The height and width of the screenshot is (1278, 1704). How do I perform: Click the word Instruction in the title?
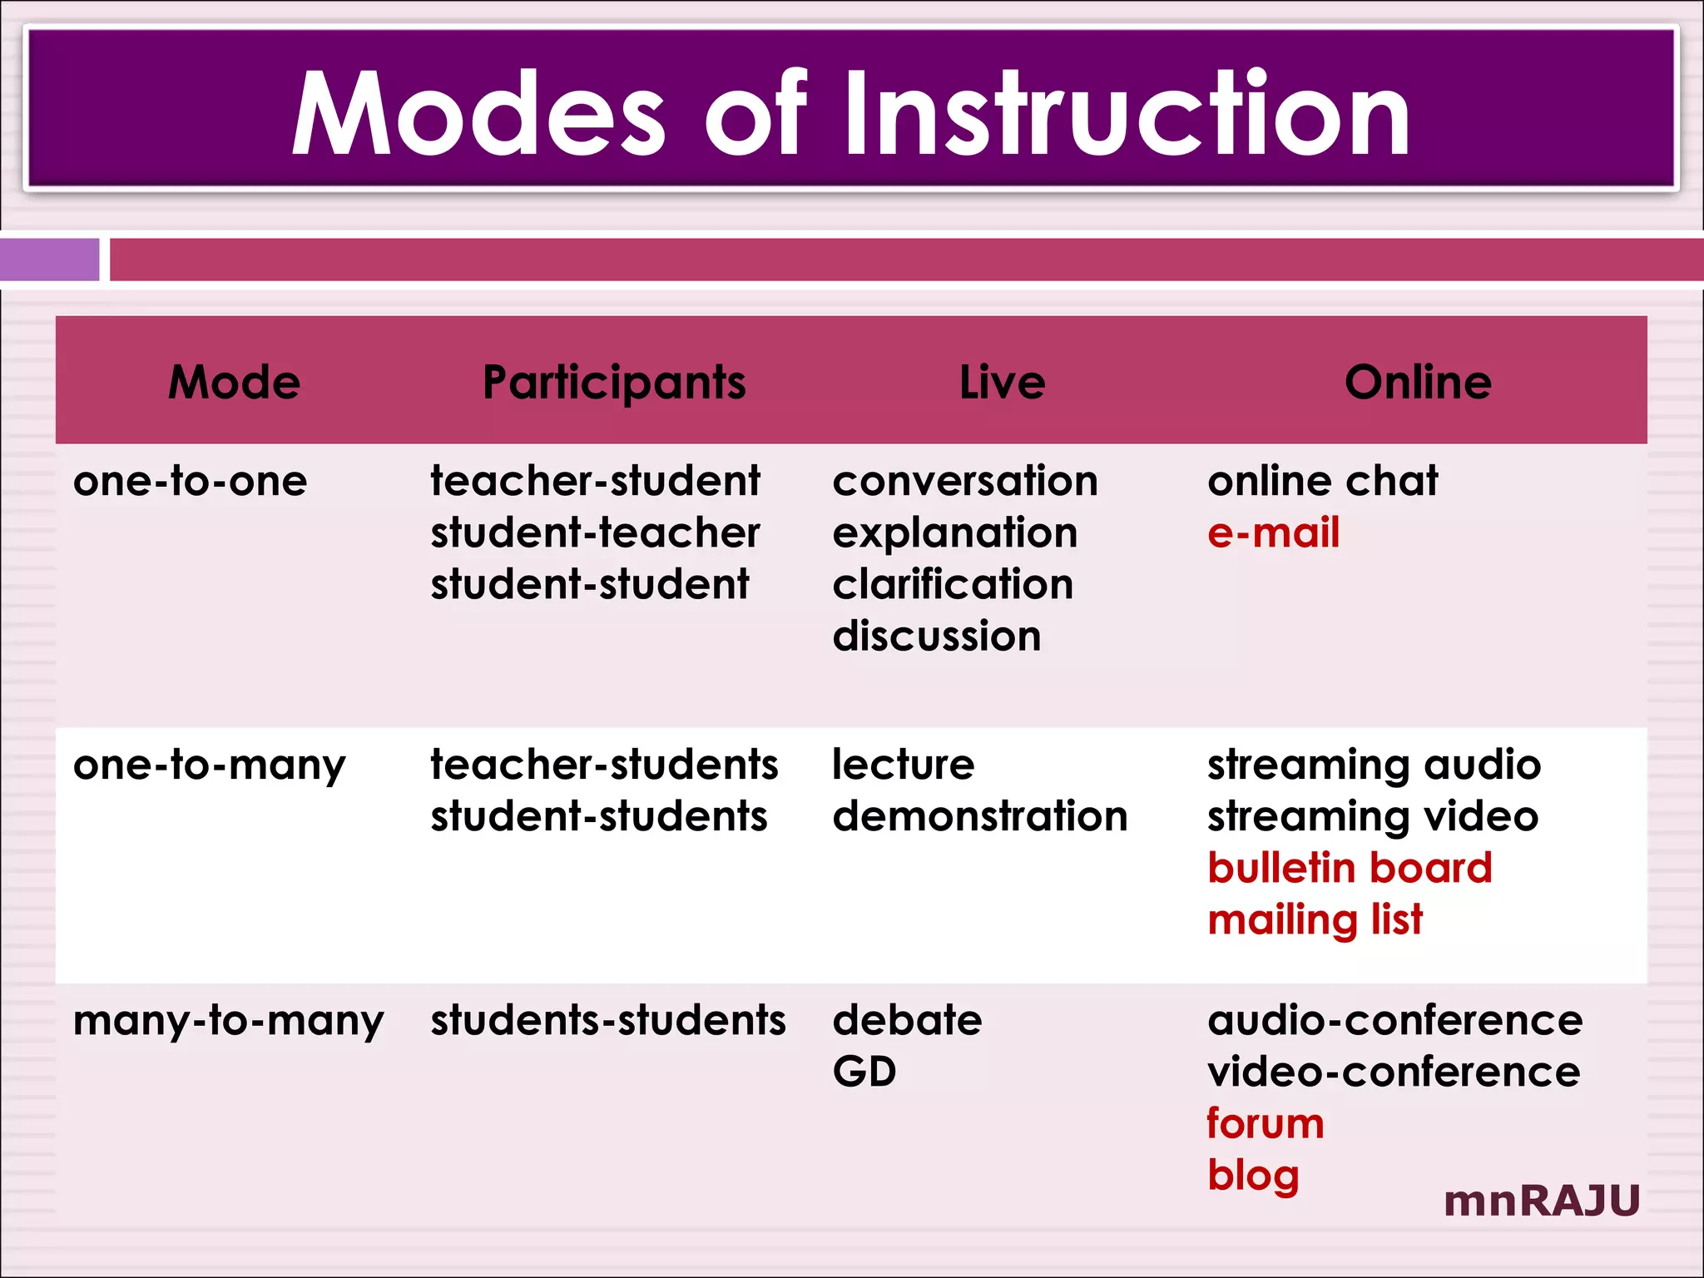pos(1127,114)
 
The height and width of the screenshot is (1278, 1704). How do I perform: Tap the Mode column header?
pos(235,382)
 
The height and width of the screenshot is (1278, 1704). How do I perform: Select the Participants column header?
pos(614,383)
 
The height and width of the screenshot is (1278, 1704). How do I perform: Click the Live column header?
pos(1002,382)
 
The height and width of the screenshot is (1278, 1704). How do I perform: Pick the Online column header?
pos(1418,382)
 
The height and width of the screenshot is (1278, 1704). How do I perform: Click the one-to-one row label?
pos(191,481)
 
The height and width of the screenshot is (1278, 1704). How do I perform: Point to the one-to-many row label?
pos(209,765)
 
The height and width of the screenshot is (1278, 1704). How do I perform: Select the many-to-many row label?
pos(229,1020)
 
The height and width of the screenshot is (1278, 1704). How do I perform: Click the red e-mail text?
pos(1273,532)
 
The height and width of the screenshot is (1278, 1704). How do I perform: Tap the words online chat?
pos(1323,481)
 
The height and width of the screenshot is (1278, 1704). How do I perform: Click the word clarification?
pos(953,584)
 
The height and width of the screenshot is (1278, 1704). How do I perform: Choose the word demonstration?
pos(980,816)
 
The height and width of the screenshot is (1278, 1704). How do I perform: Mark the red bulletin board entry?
pos(1350,868)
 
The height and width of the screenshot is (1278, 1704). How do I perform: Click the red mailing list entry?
pos(1315,920)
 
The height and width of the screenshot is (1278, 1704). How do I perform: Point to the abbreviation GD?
pos(864,1072)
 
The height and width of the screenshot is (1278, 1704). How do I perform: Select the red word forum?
pos(1265,1124)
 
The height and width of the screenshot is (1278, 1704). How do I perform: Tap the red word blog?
pos(1253,1176)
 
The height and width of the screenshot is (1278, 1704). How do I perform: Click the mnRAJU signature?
pos(1542,1201)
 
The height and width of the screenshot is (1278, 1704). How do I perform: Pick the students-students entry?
pos(607,1020)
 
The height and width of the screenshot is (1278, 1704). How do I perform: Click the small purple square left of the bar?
pos(49,260)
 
